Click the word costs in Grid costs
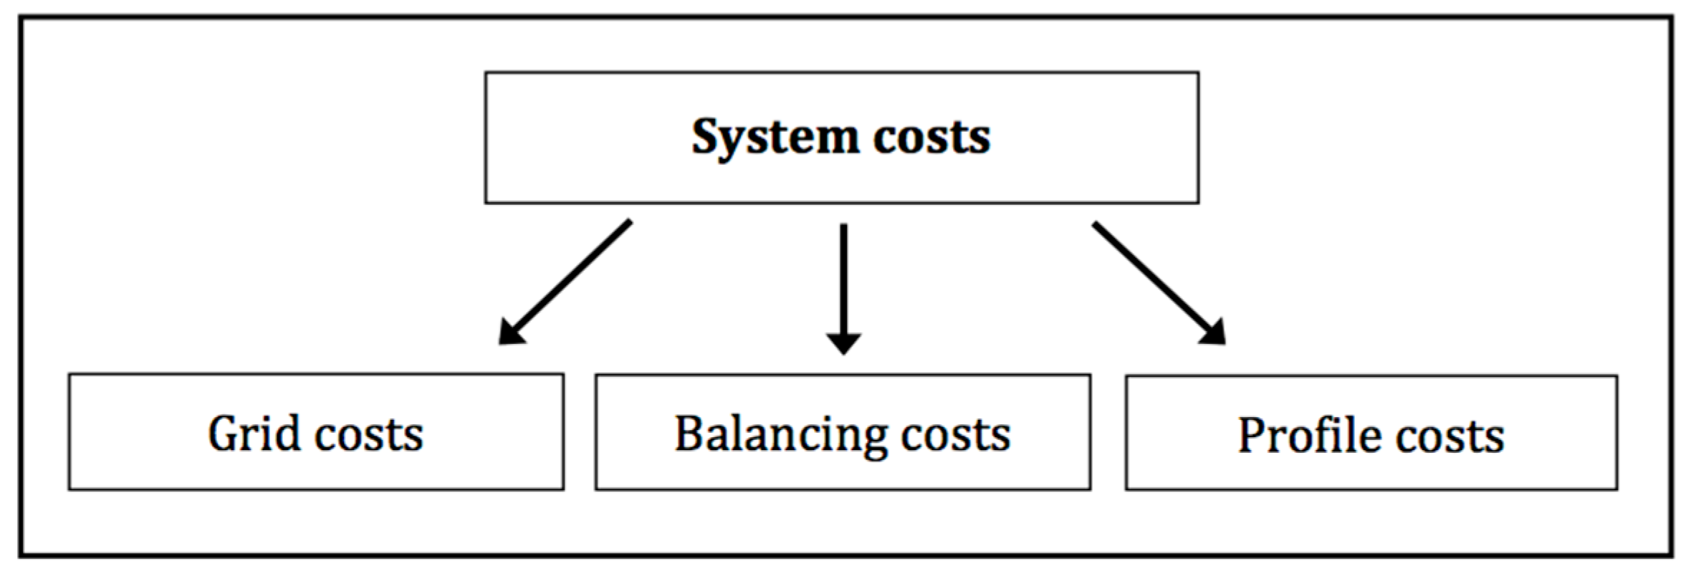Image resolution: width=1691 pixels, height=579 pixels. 370,434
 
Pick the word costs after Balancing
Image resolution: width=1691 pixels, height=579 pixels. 956,434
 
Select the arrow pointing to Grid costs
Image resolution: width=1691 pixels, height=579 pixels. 566,281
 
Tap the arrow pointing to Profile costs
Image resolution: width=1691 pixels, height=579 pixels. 1157,281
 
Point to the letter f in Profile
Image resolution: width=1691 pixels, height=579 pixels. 1328,433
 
